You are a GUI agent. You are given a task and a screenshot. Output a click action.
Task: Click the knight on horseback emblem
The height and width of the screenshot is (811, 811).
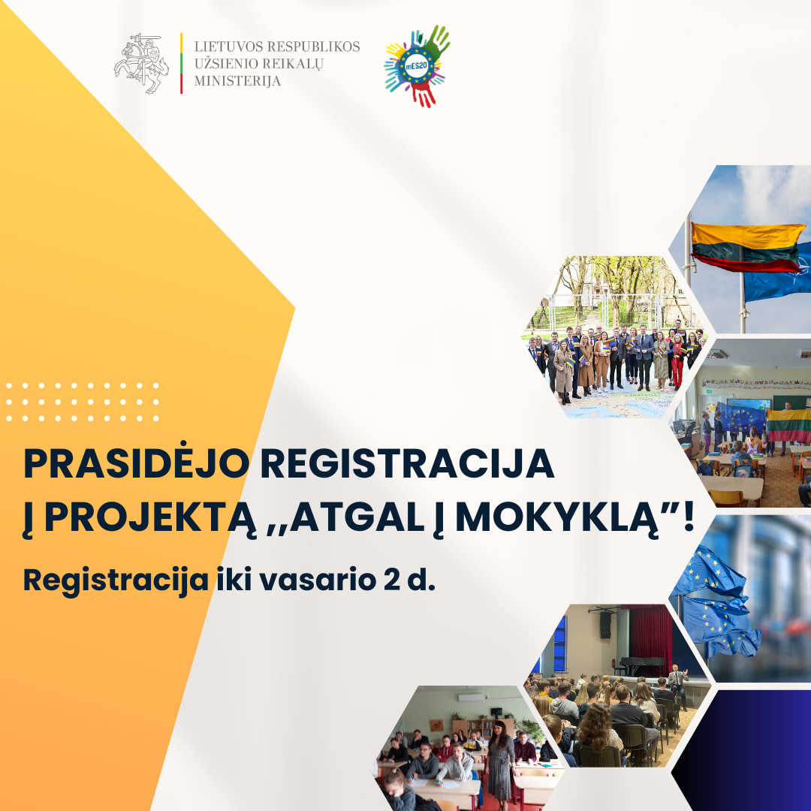141,63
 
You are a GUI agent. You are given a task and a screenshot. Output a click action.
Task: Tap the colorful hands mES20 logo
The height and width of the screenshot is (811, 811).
417,65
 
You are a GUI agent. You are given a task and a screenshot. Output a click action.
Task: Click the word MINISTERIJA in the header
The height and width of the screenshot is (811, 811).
237,80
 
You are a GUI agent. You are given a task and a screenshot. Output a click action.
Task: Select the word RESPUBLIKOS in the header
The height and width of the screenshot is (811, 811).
313,47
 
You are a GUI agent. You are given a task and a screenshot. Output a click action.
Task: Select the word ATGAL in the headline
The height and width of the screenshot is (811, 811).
357,517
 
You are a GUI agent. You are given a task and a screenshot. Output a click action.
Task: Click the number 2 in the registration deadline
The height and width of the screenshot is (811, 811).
391,580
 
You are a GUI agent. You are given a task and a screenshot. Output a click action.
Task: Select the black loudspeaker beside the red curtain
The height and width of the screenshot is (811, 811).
605,625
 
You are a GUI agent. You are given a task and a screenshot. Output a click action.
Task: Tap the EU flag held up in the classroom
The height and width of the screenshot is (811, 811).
741,418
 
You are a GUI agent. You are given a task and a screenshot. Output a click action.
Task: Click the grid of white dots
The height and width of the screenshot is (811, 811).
83,402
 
